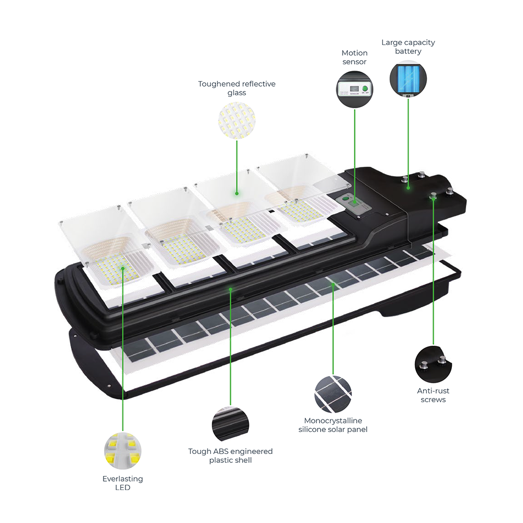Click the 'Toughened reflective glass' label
coord(236,88)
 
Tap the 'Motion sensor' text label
coord(355,57)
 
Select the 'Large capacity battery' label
coord(408,47)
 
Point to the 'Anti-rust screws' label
coord(433,395)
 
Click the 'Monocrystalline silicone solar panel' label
coord(333,425)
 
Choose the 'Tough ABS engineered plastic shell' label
coord(230,456)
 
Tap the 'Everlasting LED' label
coord(122,483)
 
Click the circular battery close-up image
coord(408,79)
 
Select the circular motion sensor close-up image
coord(355,89)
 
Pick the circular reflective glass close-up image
coord(236,120)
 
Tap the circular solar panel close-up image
coord(333,394)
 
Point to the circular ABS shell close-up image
coord(230,424)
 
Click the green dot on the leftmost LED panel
coord(123,268)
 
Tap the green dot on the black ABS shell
coord(230,288)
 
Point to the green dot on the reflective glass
coord(236,193)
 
